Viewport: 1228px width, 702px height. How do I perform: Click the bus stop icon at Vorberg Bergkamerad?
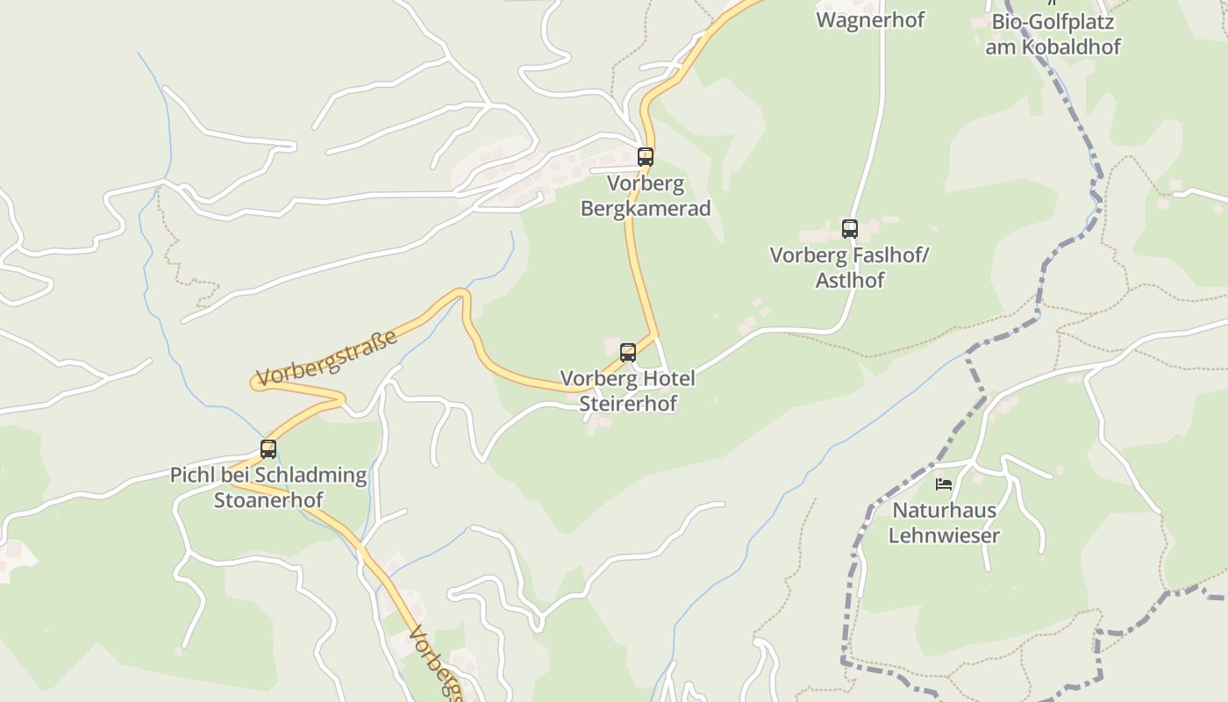point(646,157)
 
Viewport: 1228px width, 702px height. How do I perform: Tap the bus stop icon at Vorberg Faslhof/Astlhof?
point(850,229)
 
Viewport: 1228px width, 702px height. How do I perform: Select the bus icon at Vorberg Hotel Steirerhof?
point(628,353)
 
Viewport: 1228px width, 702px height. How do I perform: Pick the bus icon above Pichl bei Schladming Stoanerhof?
point(268,449)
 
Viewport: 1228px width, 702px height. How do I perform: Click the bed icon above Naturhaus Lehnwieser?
point(944,484)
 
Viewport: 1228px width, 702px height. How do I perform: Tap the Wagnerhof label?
point(870,19)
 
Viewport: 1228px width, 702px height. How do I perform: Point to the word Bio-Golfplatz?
point(1053,22)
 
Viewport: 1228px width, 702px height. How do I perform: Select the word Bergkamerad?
point(646,209)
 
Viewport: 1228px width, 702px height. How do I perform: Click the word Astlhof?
point(850,280)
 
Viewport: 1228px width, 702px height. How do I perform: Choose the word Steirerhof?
point(628,404)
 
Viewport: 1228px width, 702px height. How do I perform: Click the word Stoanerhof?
point(268,499)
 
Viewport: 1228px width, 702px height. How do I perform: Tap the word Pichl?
point(189,475)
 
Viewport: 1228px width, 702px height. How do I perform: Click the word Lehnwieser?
point(944,534)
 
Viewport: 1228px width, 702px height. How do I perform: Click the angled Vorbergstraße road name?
point(327,358)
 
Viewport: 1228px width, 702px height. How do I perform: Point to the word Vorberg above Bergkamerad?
point(646,184)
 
